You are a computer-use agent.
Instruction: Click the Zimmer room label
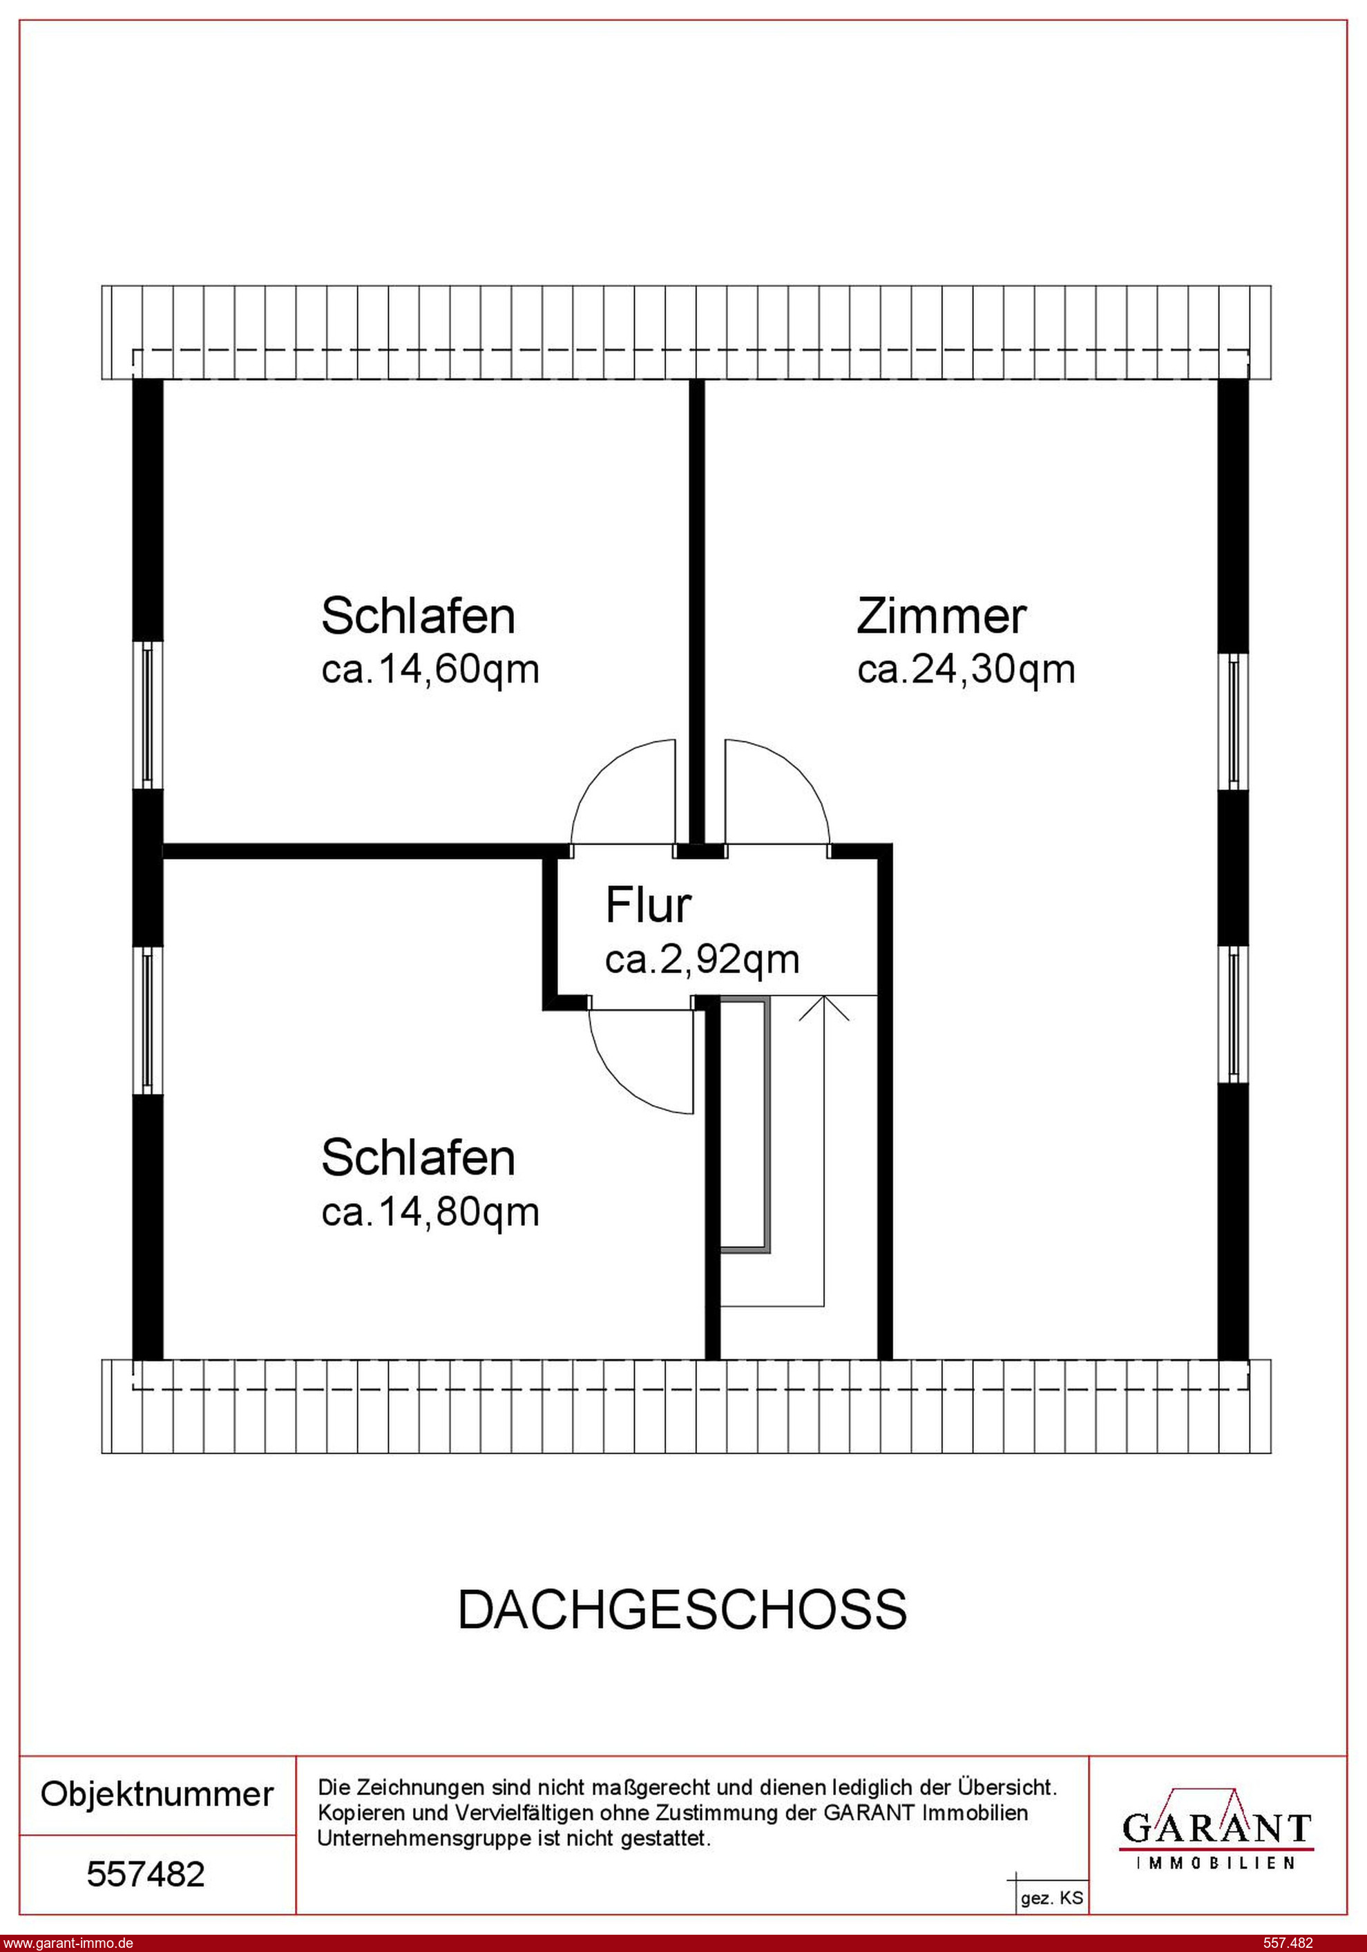pos(941,616)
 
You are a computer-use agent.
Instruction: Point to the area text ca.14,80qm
pos(430,1213)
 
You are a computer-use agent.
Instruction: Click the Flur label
pos(648,904)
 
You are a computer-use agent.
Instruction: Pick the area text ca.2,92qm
pos(702,959)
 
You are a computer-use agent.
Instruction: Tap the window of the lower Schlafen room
pos(148,1020)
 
